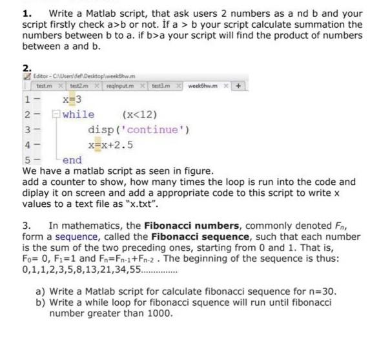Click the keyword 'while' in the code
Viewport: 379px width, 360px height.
click(78, 115)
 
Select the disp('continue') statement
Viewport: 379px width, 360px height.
click(139, 129)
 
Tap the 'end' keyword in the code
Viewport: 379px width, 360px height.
click(72, 158)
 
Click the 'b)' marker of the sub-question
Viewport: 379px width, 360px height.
click(41, 302)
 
